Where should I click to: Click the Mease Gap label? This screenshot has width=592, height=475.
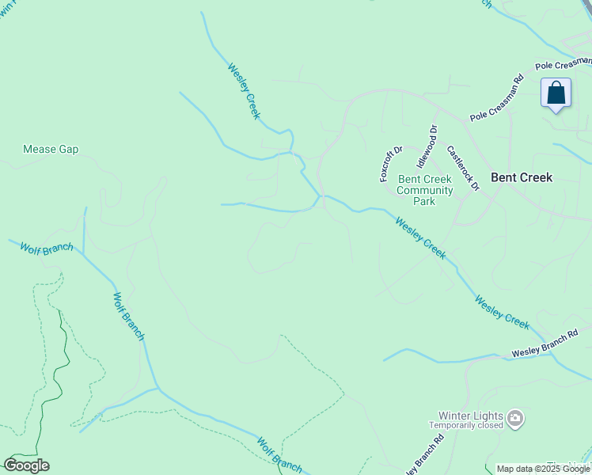point(51,149)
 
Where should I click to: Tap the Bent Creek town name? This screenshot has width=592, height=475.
point(521,177)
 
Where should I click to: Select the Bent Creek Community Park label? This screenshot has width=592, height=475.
point(425,191)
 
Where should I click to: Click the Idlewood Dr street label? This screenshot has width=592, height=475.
point(427,146)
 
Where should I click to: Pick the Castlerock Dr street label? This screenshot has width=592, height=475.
point(463,168)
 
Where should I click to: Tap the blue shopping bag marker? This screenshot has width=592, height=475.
point(556,93)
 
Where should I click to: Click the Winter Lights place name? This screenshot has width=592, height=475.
point(472,415)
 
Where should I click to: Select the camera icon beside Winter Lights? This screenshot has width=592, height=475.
point(515,417)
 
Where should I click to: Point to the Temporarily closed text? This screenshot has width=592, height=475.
point(466,425)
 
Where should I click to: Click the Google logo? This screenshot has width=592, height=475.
point(26,465)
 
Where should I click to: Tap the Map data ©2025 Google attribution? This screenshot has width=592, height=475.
point(543,469)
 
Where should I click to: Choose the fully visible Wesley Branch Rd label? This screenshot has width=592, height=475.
point(550,344)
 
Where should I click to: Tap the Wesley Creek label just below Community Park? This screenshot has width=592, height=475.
point(420,238)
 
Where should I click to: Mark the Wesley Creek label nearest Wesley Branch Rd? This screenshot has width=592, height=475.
point(502,312)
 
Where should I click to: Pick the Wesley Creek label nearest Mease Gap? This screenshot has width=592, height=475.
point(244,91)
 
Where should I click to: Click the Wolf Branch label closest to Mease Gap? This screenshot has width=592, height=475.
point(47,248)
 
